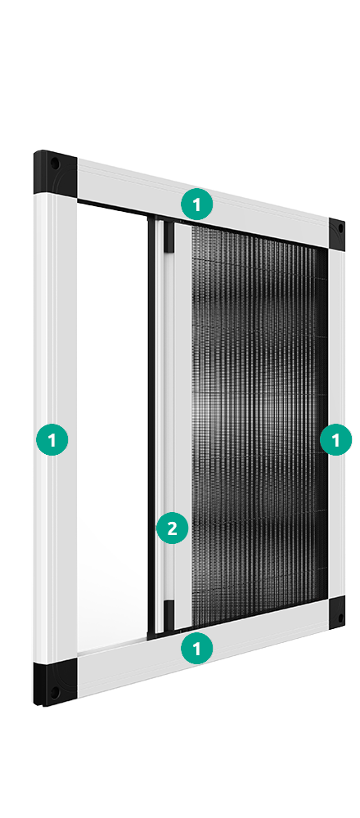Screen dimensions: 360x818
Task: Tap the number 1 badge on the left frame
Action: click(x=52, y=439)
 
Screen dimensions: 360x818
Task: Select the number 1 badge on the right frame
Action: click(x=335, y=439)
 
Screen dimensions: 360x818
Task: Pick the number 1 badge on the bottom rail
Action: click(x=196, y=648)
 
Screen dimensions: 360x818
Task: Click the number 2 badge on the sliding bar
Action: click(x=172, y=528)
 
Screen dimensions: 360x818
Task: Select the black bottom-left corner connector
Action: click(x=56, y=682)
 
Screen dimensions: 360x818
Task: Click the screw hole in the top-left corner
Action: click(x=54, y=164)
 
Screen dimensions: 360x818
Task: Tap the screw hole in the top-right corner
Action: click(x=340, y=228)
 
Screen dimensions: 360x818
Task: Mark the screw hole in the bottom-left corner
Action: click(x=54, y=692)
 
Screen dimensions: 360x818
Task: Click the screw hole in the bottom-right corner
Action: click(x=340, y=618)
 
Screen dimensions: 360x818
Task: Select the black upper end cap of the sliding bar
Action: click(x=169, y=235)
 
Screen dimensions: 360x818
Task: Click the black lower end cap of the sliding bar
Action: click(x=169, y=613)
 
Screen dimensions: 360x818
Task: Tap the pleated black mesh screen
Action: click(x=259, y=424)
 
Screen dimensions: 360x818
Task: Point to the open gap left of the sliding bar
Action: click(x=112, y=428)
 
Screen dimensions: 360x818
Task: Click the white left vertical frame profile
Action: click(x=56, y=428)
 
